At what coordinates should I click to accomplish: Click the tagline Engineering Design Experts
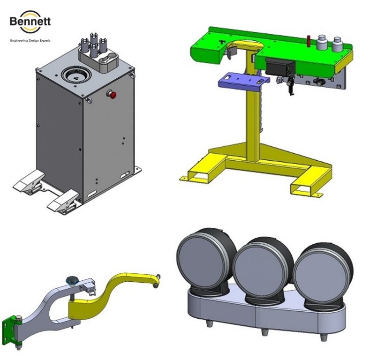click(x=30, y=41)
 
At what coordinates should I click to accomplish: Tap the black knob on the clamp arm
click(x=72, y=280)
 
